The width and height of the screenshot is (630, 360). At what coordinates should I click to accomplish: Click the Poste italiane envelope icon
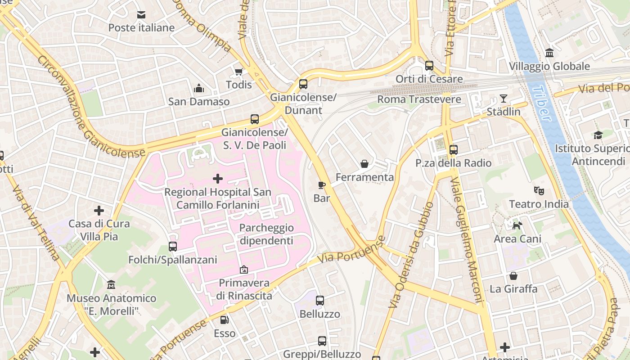coord(141,15)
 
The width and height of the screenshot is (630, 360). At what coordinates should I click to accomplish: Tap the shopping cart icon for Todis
coord(238,72)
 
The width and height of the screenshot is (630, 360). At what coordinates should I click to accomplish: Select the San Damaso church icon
coord(198,89)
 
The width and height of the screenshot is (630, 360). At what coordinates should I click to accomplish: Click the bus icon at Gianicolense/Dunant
coord(303,84)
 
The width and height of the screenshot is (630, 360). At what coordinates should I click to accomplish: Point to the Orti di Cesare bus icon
coord(429,66)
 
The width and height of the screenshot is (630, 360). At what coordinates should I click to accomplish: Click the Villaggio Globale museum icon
coord(549,53)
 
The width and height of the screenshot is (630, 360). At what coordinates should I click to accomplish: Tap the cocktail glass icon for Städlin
coord(503,99)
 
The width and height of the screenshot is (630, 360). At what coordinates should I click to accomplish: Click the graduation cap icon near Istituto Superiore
coord(598,135)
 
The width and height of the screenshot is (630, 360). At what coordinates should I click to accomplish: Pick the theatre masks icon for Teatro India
coord(539,191)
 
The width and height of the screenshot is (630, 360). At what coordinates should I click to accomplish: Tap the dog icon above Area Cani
coord(517,225)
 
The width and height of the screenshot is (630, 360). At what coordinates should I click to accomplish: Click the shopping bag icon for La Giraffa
coord(513,276)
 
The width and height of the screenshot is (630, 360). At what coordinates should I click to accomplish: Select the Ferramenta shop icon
coord(364,164)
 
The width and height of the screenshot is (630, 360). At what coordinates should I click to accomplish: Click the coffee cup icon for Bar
coord(321,185)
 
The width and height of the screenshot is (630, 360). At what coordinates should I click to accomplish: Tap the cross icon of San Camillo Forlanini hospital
coord(217,179)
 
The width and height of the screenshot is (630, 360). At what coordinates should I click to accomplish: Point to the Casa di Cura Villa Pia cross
coord(99,210)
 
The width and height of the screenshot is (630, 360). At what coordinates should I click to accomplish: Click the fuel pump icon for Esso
coord(224,320)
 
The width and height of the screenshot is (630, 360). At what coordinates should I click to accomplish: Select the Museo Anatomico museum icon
coord(111,285)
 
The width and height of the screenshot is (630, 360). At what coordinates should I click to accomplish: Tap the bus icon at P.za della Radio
coord(453,150)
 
